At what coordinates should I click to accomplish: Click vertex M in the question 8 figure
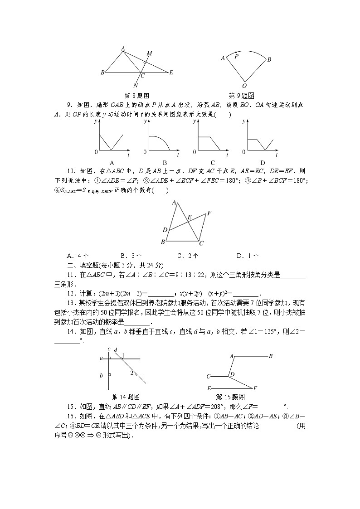[149, 53]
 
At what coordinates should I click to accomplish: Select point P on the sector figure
[236, 56]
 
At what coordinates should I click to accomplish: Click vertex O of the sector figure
[244, 86]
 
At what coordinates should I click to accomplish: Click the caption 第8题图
[136, 96]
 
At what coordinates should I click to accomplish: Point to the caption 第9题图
[242, 96]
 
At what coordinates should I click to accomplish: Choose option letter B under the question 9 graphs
[165, 163]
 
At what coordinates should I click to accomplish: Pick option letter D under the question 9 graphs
[263, 163]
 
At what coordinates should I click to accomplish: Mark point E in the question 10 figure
[190, 218]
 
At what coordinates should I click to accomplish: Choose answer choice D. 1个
[248, 256]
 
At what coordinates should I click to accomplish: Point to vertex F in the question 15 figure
[255, 388]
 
